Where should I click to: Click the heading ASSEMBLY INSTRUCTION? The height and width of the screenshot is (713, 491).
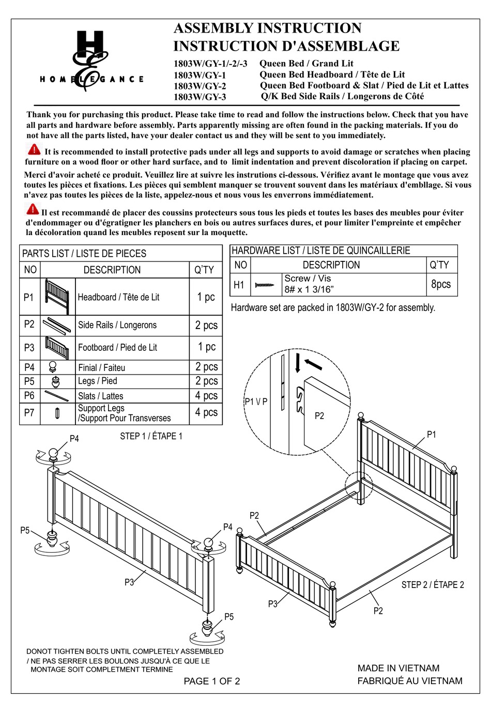pos(267,28)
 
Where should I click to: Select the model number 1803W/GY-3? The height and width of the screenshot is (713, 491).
pos(200,97)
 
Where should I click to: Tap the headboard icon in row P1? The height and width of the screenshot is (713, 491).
pos(57,297)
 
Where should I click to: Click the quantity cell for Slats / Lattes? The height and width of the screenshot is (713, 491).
pos(206,396)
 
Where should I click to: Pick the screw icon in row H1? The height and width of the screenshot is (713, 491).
pos(265,285)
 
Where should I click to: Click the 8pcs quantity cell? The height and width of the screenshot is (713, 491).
pos(441,284)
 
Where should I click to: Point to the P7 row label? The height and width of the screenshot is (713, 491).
pos(29,413)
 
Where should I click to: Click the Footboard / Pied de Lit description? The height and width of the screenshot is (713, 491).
pos(117,348)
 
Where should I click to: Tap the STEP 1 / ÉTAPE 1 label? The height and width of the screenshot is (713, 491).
pos(151,436)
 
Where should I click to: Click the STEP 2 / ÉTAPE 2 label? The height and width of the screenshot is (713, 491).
pos(433,585)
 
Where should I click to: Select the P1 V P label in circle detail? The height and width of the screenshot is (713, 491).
pos(256,401)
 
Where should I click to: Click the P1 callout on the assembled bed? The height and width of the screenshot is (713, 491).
pos(431,435)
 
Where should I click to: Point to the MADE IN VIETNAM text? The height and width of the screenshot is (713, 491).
pos(398,668)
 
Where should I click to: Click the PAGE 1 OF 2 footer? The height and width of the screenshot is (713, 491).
pos(212,681)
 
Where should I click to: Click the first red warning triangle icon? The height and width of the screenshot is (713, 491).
pos(34,150)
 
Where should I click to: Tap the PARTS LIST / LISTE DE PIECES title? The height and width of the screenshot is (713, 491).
pos(84,254)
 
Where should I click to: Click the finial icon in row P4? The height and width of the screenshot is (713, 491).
pos(53,367)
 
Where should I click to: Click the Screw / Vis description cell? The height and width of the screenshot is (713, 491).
pos(309,284)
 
